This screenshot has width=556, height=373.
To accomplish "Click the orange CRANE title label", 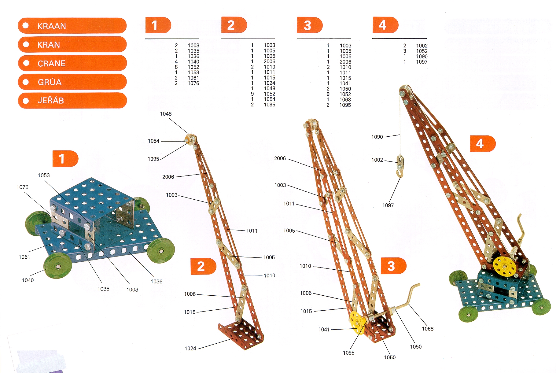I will click(72, 63).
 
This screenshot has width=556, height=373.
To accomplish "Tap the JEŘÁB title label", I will click(72, 101).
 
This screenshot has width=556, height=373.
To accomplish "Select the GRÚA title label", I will click(72, 82).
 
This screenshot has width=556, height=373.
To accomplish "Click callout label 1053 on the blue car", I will click(44, 175).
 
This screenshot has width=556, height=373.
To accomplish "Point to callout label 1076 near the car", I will click(22, 187).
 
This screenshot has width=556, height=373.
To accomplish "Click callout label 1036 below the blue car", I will click(156, 281).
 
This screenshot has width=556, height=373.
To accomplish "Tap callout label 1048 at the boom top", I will click(166, 114).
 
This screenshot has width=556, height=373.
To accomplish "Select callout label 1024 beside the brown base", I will click(190, 348).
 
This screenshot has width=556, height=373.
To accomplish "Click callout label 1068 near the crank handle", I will click(428, 329).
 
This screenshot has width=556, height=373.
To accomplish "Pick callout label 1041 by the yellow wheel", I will click(324, 329).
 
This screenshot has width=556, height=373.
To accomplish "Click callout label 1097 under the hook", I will click(388, 205).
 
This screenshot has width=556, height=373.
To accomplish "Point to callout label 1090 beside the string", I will click(377, 137).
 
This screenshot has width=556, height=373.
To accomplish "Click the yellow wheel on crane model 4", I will click(504, 266).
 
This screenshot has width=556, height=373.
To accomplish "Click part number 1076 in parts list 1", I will click(193, 83).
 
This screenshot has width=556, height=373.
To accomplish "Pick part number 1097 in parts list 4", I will click(422, 62).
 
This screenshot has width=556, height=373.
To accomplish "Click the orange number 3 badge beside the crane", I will click(393, 266).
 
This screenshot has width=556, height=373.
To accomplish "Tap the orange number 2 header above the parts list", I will click(234, 25).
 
